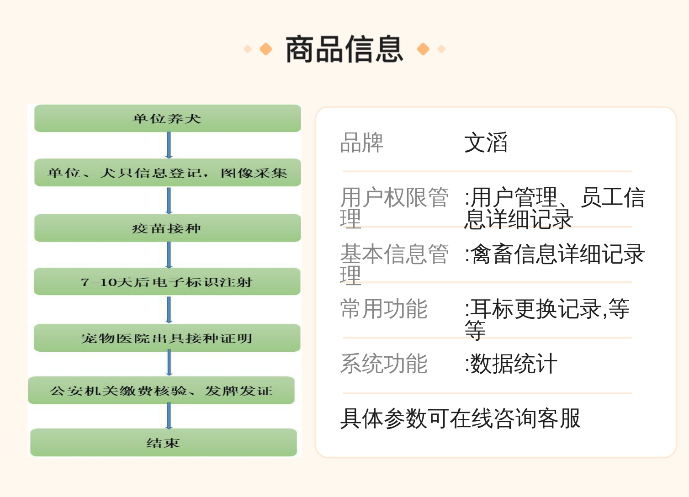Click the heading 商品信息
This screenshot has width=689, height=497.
[344, 49]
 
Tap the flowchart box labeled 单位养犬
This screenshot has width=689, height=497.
[168, 118]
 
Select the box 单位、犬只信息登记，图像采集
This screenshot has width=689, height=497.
[168, 173]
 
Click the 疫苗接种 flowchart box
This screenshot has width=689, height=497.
[168, 228]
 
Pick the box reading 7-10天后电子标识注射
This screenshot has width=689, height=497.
[167, 281]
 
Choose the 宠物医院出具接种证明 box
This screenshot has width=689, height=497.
[167, 338]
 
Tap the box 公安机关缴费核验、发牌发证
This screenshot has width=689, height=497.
[161, 390]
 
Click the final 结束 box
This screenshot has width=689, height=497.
[164, 443]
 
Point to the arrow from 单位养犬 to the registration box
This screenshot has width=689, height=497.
[169, 145]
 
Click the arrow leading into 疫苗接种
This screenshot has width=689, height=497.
[169, 201]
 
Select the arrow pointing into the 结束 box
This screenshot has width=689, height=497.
[169, 416]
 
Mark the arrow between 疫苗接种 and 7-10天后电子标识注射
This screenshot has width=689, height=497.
[169, 255]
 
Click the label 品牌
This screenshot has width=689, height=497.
[362, 143]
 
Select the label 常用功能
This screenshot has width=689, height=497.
[384, 309]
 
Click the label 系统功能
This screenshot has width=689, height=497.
[384, 364]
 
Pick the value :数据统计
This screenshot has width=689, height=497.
[511, 364]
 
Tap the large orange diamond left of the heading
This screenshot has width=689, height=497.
[266, 49]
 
